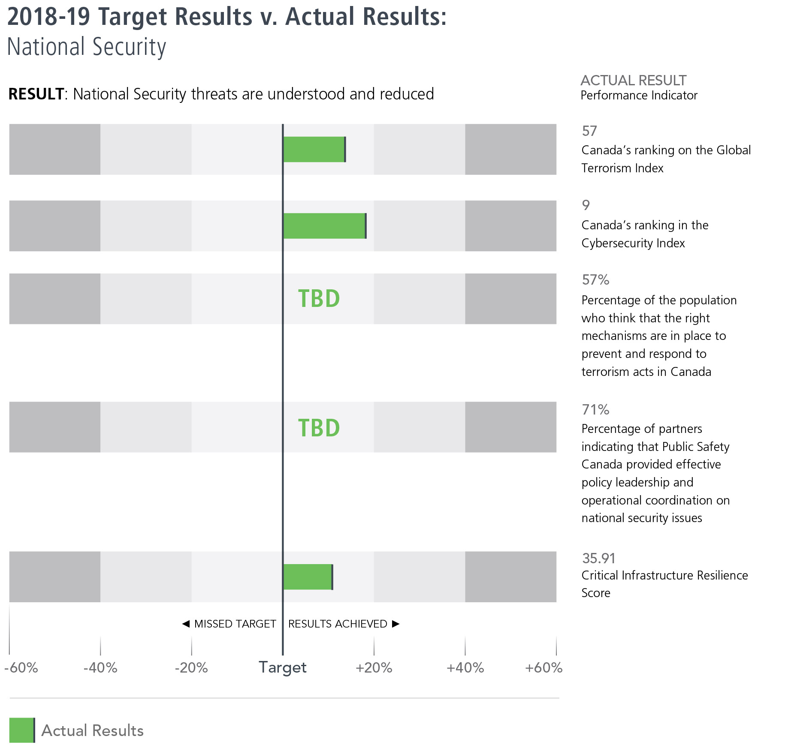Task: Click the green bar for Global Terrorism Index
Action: point(314,149)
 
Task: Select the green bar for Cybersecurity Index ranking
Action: point(324,225)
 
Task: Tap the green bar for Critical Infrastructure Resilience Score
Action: point(308,577)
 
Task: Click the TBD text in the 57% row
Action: point(319,299)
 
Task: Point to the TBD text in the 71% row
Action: point(319,428)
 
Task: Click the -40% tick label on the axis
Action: point(100,667)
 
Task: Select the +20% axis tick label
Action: point(374,667)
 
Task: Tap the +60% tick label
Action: point(543,667)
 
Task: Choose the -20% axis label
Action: point(191,667)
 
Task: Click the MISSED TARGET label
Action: point(235,624)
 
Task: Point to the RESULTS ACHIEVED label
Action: point(338,624)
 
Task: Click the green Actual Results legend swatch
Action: point(21,730)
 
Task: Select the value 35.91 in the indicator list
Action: point(598,558)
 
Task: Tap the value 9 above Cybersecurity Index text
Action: point(586,205)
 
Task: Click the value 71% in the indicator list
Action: point(595,409)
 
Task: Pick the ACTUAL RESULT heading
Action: point(633,80)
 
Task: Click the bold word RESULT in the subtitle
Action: point(36,94)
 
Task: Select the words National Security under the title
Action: point(86,47)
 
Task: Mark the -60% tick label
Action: point(21,667)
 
